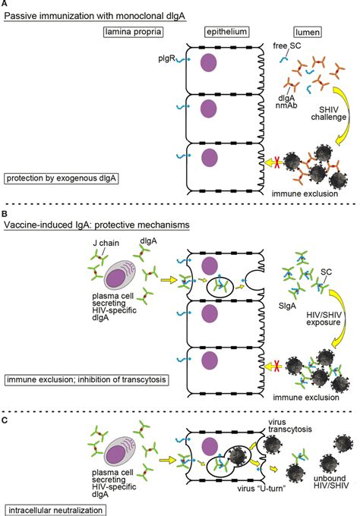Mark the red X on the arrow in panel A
click(276, 162)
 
